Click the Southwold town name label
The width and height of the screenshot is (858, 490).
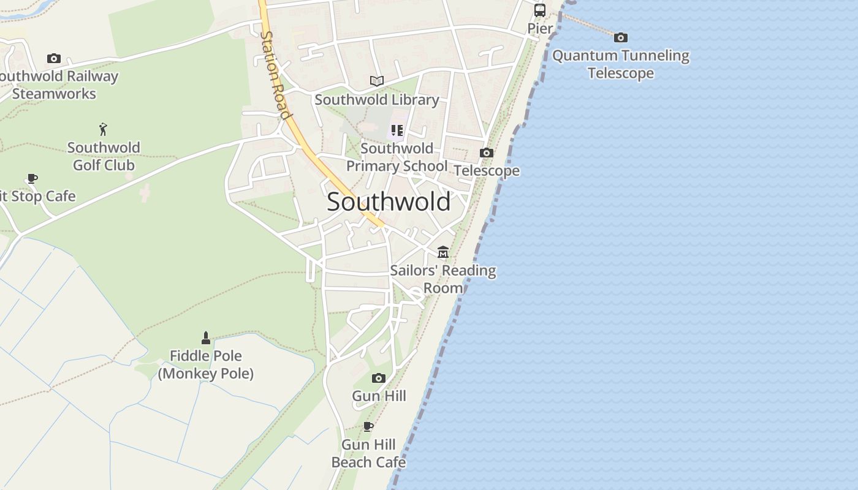pyautogui.click(x=389, y=202)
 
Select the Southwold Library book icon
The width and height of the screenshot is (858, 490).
pyautogui.click(x=377, y=81)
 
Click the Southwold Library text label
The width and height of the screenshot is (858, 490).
pyautogui.click(x=377, y=99)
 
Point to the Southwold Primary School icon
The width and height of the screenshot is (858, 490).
pyautogui.click(x=397, y=130)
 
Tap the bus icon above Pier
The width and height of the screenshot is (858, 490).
pyautogui.click(x=540, y=10)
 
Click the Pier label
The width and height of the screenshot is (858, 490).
pyautogui.click(x=540, y=28)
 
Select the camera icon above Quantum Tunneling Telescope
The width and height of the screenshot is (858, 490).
pyautogui.click(x=621, y=37)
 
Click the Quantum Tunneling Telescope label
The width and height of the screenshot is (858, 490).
pyautogui.click(x=621, y=64)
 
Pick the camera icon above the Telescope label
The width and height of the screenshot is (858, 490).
pyautogui.click(x=487, y=153)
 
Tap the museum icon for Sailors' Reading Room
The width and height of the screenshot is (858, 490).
pyautogui.click(x=443, y=252)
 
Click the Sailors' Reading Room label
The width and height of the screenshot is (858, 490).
pyautogui.click(x=443, y=279)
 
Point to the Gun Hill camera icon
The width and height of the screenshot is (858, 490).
pyautogui.click(x=379, y=378)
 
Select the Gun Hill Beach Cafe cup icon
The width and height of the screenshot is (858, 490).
pyautogui.click(x=368, y=426)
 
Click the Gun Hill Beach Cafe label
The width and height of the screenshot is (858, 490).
pyautogui.click(x=368, y=453)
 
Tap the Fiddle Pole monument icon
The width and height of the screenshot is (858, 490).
pyautogui.click(x=206, y=337)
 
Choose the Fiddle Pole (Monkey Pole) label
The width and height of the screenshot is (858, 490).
pyautogui.click(x=206, y=364)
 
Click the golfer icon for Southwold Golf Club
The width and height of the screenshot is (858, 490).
pyautogui.click(x=104, y=129)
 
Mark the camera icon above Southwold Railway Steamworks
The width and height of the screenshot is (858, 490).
pyautogui.click(x=54, y=59)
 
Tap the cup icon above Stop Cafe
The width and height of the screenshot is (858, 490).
pyautogui.click(x=32, y=178)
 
